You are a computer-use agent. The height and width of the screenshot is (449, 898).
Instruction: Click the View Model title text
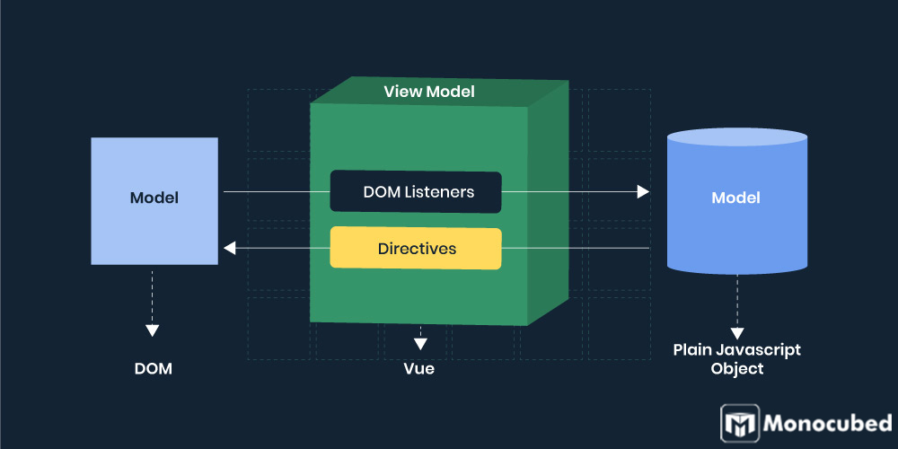[x=428, y=92]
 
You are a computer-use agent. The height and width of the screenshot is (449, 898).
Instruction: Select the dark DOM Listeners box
[x=415, y=192]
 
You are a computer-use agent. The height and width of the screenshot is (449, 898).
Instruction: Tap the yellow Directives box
[x=415, y=248]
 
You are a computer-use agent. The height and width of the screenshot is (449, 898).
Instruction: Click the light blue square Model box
[x=154, y=200]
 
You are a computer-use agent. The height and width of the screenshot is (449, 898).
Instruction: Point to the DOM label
[x=154, y=368]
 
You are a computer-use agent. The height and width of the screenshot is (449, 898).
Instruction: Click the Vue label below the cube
[x=418, y=368]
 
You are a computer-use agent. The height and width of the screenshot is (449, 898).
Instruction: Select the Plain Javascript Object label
[x=736, y=359]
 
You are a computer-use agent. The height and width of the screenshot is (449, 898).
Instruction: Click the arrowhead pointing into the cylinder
[x=643, y=191]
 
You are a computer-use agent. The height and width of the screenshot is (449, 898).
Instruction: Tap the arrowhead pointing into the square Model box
[x=229, y=248]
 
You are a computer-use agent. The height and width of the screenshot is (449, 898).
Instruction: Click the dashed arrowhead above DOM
[x=153, y=330]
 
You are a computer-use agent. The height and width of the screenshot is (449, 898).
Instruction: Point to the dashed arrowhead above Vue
[x=419, y=343]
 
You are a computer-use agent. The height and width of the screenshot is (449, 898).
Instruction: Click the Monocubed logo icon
[x=740, y=423]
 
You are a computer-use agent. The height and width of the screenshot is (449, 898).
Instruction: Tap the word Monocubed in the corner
[x=827, y=423]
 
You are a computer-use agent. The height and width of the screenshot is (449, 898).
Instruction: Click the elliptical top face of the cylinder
[x=736, y=137]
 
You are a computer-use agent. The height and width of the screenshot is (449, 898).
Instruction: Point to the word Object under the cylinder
[x=736, y=369]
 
